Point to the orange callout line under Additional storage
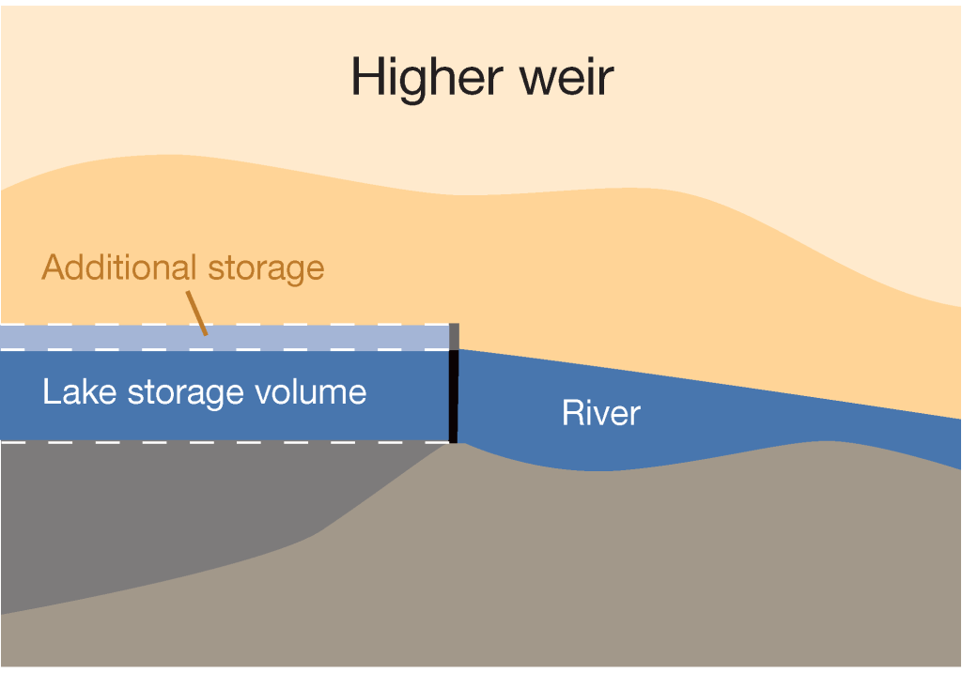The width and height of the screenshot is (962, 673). pyautogui.click(x=197, y=312)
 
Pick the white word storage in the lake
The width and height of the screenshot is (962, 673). pyautogui.click(x=169, y=392)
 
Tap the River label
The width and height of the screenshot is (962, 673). pyautogui.click(x=600, y=413)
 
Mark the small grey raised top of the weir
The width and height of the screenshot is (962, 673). pyautogui.click(x=454, y=336)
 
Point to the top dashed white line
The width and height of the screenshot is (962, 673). pyautogui.click(x=282, y=326)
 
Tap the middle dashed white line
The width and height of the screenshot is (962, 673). pyautogui.click(x=282, y=350)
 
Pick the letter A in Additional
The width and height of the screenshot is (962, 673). pyautogui.click(x=53, y=268)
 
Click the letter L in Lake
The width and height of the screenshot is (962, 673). pyautogui.click(x=50, y=391)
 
